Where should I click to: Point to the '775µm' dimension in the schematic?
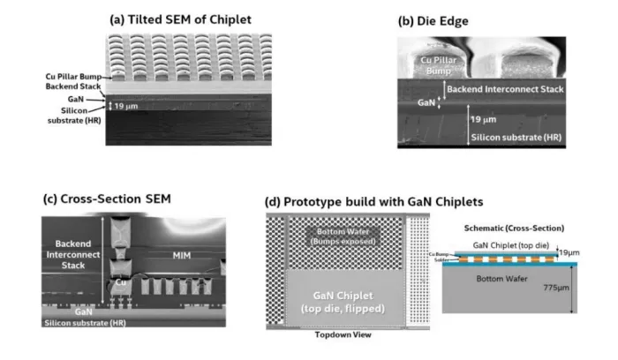[x=584, y=286]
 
